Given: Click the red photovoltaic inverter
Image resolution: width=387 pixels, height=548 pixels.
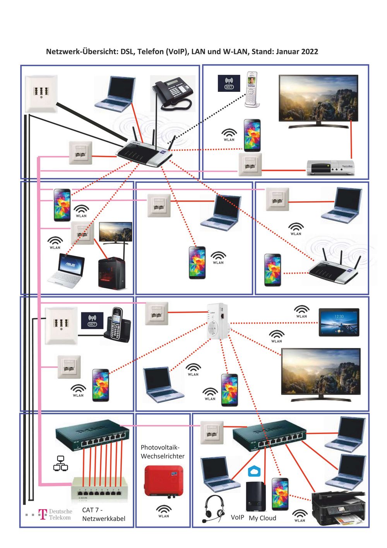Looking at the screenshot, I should [163, 482].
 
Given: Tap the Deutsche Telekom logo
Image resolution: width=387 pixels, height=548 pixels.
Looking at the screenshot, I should [55, 514].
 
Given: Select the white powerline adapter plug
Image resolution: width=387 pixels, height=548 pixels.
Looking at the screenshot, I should [217, 321].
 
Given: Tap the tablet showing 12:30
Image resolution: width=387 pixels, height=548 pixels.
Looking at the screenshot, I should [339, 322].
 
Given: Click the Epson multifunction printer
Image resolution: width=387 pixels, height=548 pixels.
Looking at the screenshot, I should [339, 507].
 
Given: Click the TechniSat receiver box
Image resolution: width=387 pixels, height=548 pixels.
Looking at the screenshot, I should [330, 167].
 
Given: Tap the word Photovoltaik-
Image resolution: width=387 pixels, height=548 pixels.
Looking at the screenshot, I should [160, 447].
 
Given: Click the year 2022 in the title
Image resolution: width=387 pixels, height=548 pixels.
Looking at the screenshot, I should [310, 52].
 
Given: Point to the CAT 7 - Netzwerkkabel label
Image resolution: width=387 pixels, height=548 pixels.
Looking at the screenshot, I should [103, 514].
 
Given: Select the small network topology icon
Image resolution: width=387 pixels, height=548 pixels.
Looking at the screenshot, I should [60, 463].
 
